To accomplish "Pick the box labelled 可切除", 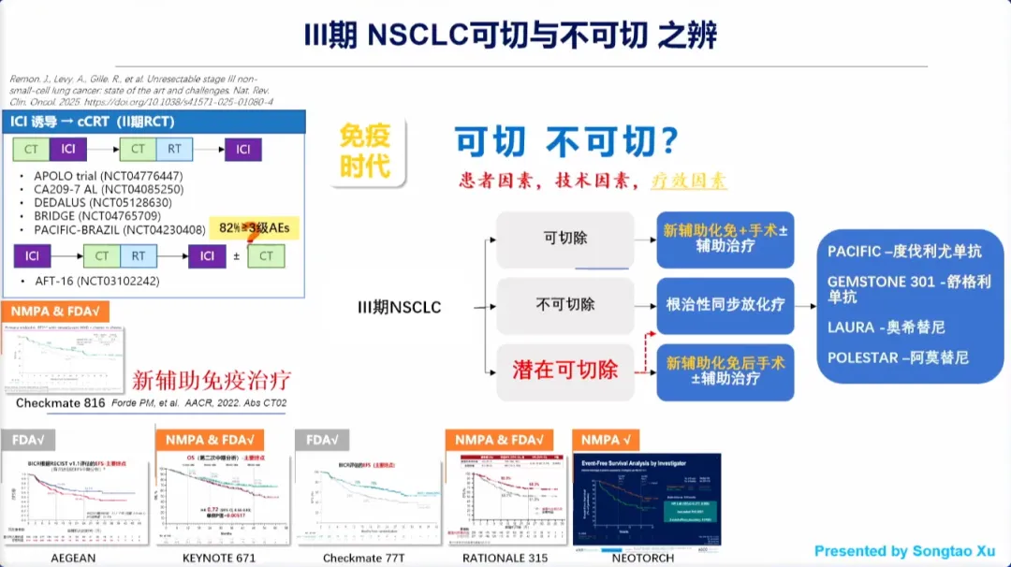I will point(565,239).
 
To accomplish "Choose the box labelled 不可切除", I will point(565,305).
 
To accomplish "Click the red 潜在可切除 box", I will point(565,371).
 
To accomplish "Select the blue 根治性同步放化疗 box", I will point(725,305).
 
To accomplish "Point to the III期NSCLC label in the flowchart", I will point(400,307).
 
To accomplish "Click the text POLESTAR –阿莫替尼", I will point(898,357).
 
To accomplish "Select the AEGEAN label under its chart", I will point(74,558).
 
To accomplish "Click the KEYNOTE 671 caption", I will point(219,558).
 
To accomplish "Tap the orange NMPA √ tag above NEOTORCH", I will point(607,440).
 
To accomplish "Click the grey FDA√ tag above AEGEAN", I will point(35,440).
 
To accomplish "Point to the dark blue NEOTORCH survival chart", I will point(647,499).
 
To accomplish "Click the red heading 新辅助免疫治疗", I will point(212,380).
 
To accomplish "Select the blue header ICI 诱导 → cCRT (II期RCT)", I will point(93,122).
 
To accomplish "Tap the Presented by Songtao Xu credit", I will point(904,551).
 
